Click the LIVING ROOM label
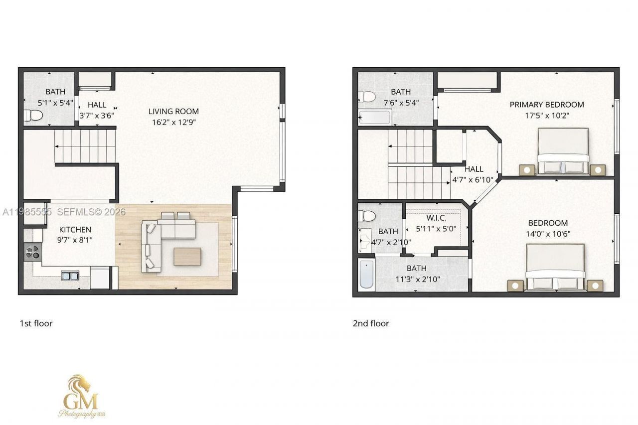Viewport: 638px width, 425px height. pos(173,112)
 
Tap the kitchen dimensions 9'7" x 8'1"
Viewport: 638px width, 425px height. pos(75,240)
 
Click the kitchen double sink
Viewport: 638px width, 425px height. pos(70,276)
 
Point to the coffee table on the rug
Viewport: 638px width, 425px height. pos(187,257)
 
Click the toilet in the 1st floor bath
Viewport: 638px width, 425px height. pos(33,116)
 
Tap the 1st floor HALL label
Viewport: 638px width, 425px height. pos(97,105)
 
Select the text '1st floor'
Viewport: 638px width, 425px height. pos(36,323)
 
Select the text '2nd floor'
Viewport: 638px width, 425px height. pos(371,323)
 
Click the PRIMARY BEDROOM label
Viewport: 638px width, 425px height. pos(546,105)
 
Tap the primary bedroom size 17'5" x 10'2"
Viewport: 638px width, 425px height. pos(546,116)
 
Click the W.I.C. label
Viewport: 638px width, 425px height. pos(436,218)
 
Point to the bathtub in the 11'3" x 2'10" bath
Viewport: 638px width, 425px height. pos(366,274)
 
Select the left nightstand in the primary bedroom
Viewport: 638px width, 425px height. pos(526,170)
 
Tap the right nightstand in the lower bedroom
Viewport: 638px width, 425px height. pos(595,285)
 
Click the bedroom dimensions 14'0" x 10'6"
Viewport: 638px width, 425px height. pos(548,234)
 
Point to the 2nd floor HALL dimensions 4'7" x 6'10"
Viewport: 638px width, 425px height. pos(473,180)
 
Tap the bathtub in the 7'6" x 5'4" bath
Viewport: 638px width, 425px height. pos(374,118)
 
